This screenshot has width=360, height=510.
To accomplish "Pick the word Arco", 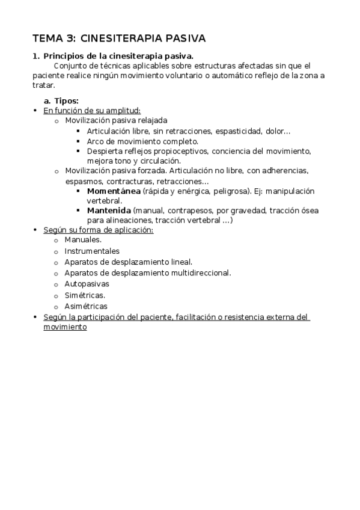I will (x=96, y=141).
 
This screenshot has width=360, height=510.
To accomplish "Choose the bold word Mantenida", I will (x=109, y=210).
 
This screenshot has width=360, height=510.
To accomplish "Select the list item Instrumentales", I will (x=92, y=251).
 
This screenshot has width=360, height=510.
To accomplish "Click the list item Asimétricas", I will (x=86, y=306).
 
